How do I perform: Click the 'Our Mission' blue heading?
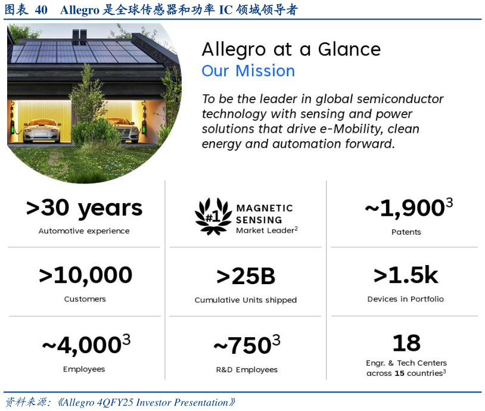click(248, 71)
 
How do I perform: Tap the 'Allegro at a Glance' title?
click(291, 49)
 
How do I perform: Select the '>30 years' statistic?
click(84, 208)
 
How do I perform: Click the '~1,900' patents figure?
click(409, 207)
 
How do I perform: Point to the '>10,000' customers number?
click(85, 275)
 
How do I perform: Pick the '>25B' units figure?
click(245, 276)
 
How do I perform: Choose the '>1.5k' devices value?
click(406, 275)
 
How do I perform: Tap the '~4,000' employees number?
click(86, 344)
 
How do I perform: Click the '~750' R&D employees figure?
click(247, 345)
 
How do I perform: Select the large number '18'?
click(406, 343)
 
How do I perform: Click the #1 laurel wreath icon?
click(213, 216)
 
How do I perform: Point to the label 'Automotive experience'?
click(84, 231)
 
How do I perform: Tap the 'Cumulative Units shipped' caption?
click(245, 300)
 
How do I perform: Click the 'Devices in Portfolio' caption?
click(406, 299)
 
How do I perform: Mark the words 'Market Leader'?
click(265, 231)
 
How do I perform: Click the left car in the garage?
click(42, 130)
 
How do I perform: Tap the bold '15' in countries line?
click(399, 373)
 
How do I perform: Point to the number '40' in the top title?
click(41, 10)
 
